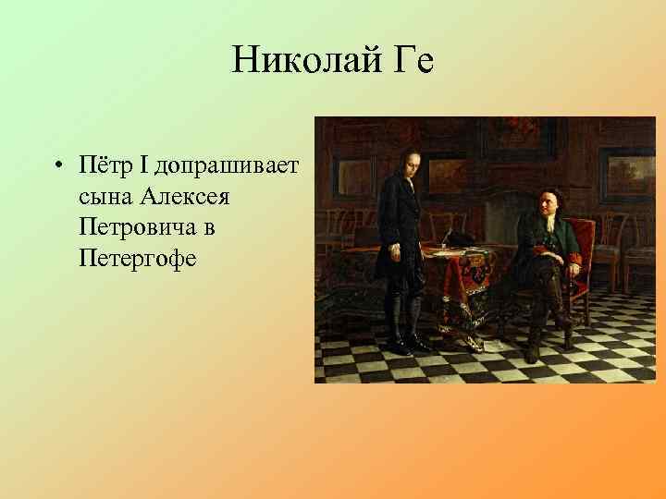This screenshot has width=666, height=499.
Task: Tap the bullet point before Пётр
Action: (x=57, y=167)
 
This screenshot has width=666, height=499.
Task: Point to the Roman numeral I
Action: (x=143, y=166)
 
